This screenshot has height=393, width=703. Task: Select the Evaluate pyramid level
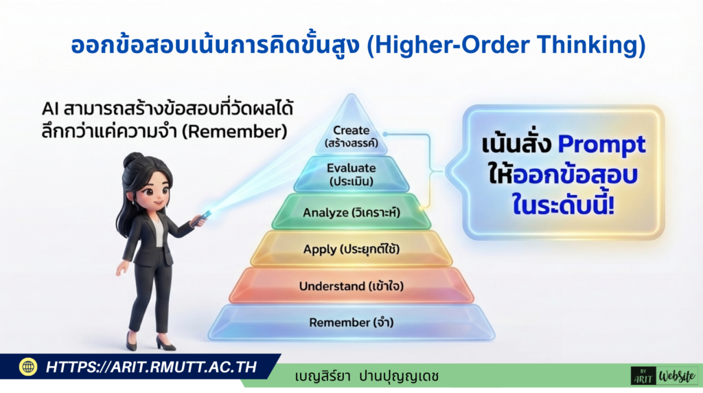click(351, 174)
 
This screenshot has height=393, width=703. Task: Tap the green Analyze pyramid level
click(351, 213)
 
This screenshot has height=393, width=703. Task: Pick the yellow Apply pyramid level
click(351, 249)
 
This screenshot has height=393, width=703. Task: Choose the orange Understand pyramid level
click(351, 286)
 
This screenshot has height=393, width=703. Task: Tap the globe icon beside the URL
click(28, 367)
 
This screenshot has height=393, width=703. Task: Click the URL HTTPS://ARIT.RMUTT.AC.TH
click(151, 367)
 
